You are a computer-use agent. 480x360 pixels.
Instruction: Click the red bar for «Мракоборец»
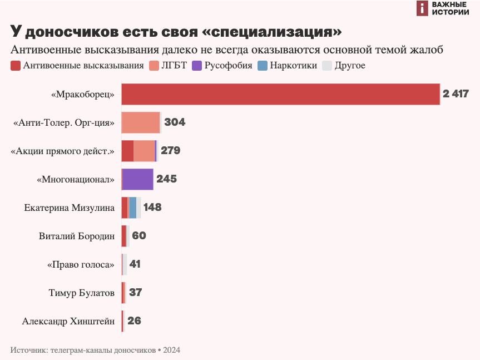pyautogui.click(x=280, y=94)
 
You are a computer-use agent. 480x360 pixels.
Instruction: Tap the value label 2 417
pyautogui.click(x=456, y=94)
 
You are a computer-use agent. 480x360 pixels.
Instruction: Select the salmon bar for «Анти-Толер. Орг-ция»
pyautogui.click(x=141, y=122)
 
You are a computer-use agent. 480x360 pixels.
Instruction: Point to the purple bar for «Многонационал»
pyautogui.click(x=137, y=179)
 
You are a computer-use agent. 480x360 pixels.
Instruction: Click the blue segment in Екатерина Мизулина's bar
pyautogui.click(x=133, y=208)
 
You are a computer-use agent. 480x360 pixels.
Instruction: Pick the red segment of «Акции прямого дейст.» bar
pyautogui.click(x=127, y=151)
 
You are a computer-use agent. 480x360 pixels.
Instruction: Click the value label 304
pyautogui.click(x=175, y=122)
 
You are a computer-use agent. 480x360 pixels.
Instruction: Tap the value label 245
pyautogui.click(x=166, y=179)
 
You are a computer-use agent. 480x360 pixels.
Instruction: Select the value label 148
pyautogui.click(x=152, y=208)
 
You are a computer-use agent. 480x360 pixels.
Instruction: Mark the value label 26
pyautogui.click(x=135, y=321)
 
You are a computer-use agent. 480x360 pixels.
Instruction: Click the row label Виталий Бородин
pyautogui.click(x=77, y=236)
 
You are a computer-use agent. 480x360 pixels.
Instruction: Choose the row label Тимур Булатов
pyautogui.click(x=82, y=293)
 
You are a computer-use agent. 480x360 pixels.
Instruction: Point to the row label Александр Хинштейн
pyautogui.click(x=68, y=321)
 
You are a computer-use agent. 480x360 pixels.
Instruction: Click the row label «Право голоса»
pyautogui.click(x=81, y=264)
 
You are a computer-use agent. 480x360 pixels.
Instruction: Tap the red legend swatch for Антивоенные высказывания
pyautogui.click(x=16, y=66)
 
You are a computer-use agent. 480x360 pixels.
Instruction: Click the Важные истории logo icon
pyautogui.click(x=423, y=8)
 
